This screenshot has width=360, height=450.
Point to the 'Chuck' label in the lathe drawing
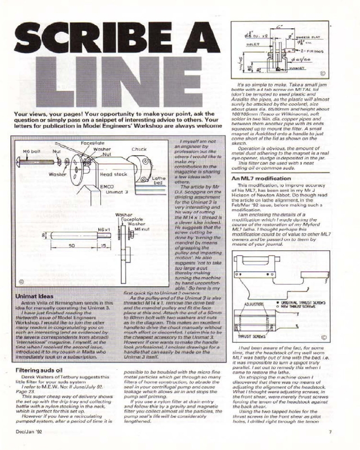(139, 149)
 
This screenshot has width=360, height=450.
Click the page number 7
(330, 433)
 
